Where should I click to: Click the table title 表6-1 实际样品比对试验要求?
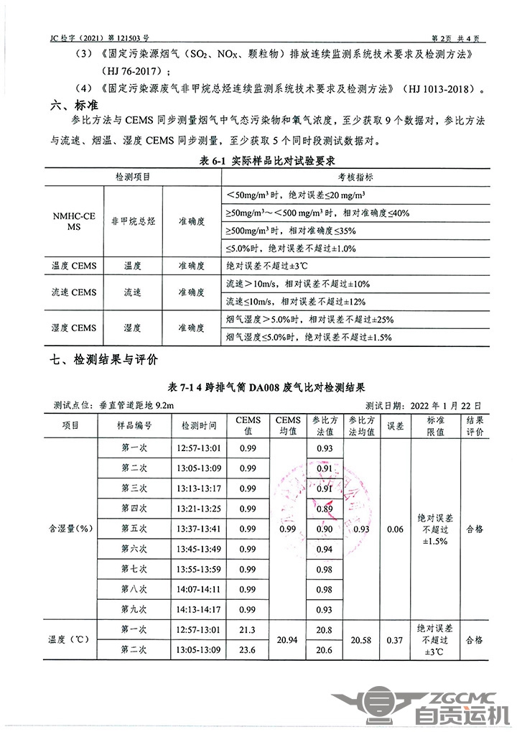coord(258,160)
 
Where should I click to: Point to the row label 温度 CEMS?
coord(73,266)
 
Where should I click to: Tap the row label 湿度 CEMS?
coord(73,328)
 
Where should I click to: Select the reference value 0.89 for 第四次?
coord(324,509)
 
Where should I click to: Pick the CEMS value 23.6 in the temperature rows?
coord(248,650)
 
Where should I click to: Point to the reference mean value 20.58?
coord(360,639)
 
